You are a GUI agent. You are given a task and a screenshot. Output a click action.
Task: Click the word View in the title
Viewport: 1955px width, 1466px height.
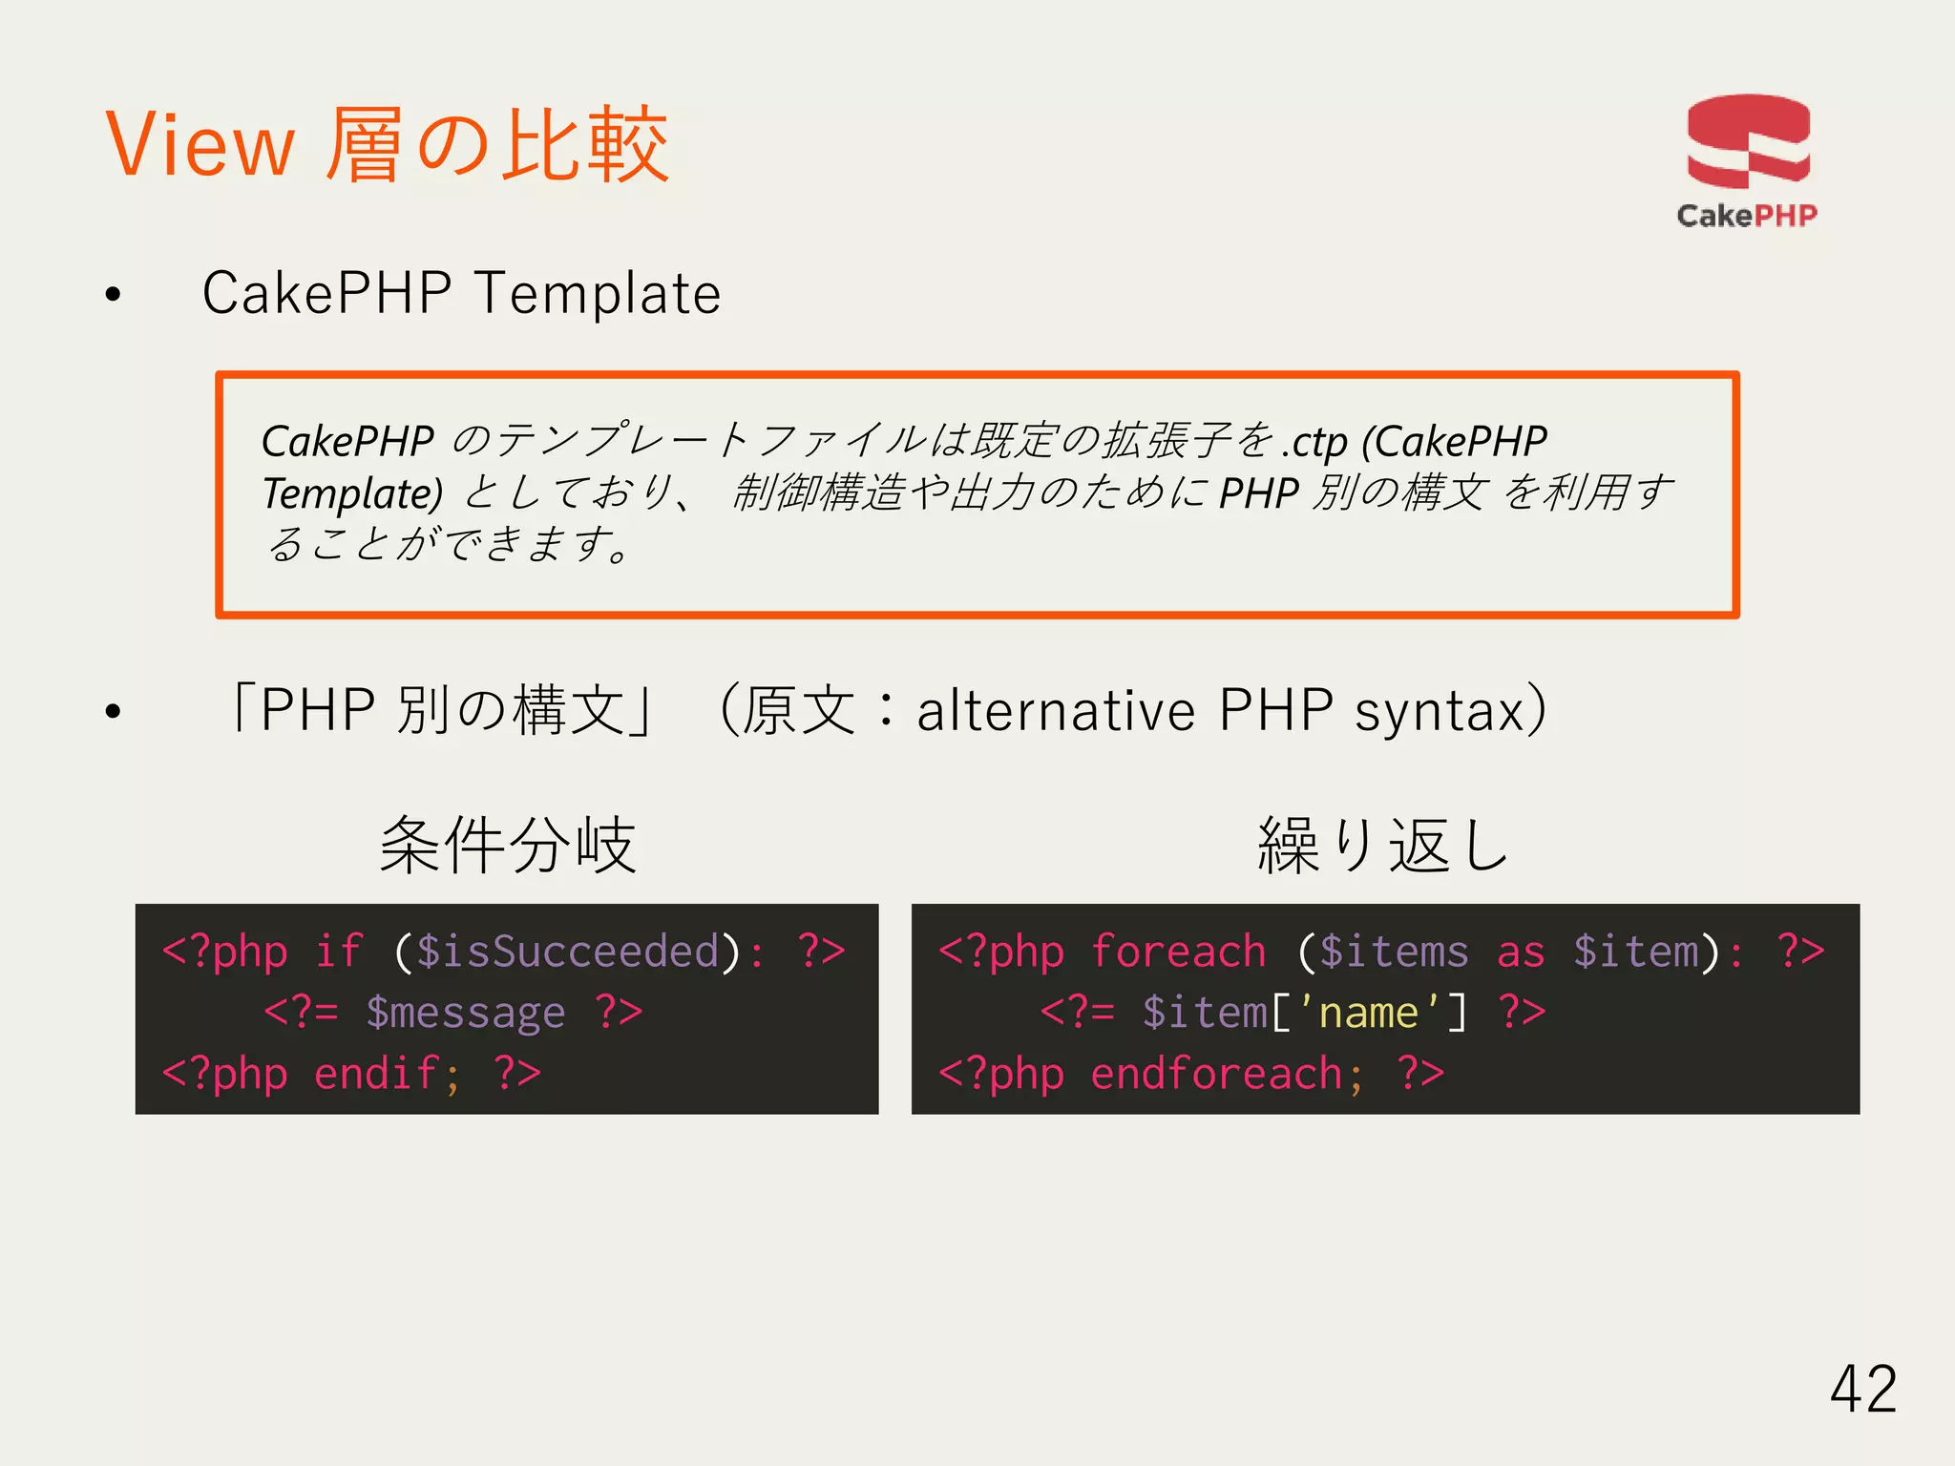(x=200, y=145)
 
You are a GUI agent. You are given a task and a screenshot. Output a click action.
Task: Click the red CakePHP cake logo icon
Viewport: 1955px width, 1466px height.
(x=1748, y=141)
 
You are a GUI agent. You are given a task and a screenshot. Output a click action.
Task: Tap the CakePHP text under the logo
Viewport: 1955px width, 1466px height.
(x=1746, y=216)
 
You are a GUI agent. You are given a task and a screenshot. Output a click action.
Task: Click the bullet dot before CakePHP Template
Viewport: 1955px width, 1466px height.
(x=114, y=295)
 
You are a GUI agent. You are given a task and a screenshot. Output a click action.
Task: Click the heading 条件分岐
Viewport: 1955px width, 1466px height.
(x=507, y=845)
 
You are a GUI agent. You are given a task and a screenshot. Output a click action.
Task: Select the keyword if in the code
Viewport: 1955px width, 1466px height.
(x=338, y=952)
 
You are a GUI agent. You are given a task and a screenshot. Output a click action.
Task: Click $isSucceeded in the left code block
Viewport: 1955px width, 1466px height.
(x=567, y=952)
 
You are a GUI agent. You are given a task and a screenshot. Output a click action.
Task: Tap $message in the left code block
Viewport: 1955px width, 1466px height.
(x=465, y=1013)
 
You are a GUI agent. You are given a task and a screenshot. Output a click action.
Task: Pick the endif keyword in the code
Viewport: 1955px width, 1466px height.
(x=376, y=1074)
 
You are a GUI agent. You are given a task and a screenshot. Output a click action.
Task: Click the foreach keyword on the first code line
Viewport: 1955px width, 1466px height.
(x=1178, y=952)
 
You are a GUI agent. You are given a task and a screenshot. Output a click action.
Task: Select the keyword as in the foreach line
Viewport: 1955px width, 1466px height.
(x=1520, y=952)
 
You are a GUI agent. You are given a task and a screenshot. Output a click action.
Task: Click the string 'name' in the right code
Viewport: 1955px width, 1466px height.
(x=1368, y=1013)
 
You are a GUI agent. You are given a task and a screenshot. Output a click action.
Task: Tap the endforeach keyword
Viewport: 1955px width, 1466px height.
(x=1216, y=1074)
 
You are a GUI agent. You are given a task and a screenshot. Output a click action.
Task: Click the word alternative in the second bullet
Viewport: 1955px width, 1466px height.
(x=1056, y=711)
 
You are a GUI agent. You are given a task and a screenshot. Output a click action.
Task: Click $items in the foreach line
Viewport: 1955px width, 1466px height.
(x=1393, y=952)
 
